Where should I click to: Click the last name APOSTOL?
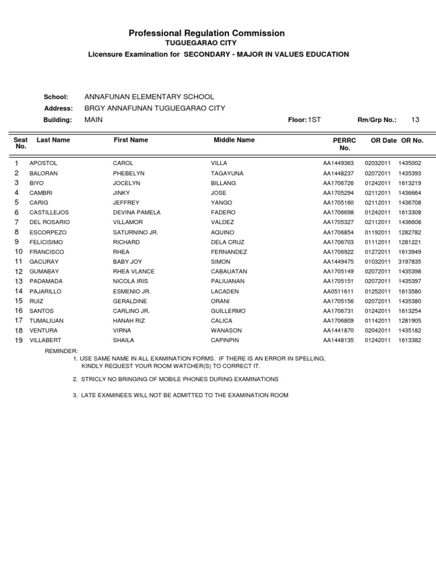point(43,163)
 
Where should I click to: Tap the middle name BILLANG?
point(223,183)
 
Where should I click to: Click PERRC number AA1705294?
point(338,193)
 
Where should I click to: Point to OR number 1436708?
point(409,203)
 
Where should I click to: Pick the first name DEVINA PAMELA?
point(137,212)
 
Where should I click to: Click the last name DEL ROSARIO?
point(49,222)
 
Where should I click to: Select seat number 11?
point(18,262)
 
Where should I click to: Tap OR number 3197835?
point(409,262)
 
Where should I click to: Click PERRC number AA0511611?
point(338,291)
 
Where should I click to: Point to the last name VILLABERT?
point(45,340)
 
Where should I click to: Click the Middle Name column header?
point(234,140)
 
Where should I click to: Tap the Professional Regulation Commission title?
point(207,33)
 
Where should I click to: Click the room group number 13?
point(415,120)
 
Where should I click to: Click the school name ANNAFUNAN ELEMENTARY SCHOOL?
point(149,97)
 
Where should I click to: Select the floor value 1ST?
point(314,120)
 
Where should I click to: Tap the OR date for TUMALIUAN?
point(378,321)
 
